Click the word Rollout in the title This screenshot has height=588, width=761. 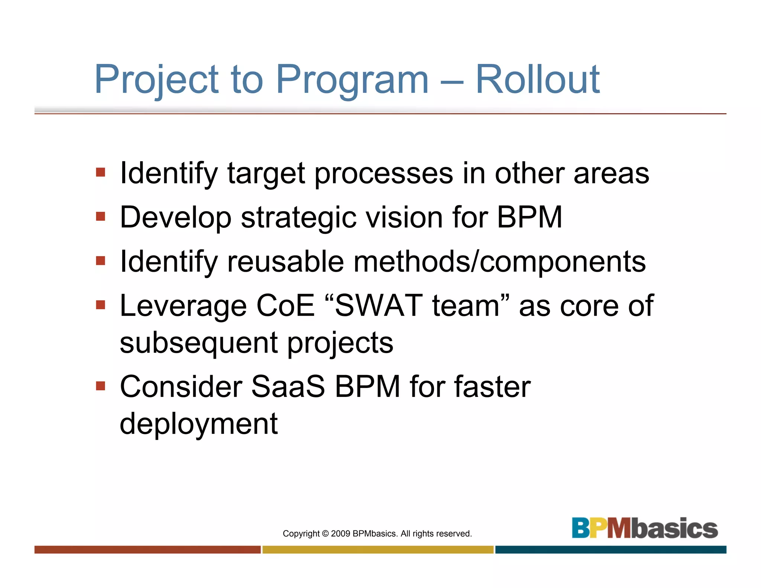click(x=537, y=79)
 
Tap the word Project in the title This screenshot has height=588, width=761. click(x=156, y=79)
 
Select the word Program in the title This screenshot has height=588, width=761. click(x=352, y=79)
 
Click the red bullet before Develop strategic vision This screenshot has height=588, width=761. click(x=100, y=216)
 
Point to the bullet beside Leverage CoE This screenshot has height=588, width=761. click(x=100, y=305)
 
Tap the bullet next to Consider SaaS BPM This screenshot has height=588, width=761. click(x=100, y=386)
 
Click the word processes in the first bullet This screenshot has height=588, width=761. click(x=383, y=174)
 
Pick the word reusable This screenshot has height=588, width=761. click(x=285, y=262)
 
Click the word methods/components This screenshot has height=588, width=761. click(x=499, y=262)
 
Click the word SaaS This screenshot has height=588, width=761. click(x=288, y=387)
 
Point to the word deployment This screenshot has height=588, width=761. click(x=198, y=424)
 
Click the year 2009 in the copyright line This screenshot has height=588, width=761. click(x=340, y=534)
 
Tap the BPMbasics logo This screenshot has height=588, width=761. click(x=644, y=528)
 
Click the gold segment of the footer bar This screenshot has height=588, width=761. click(x=378, y=549)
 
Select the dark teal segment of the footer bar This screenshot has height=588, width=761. click(x=610, y=549)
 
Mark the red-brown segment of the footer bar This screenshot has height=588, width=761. click(x=147, y=549)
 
